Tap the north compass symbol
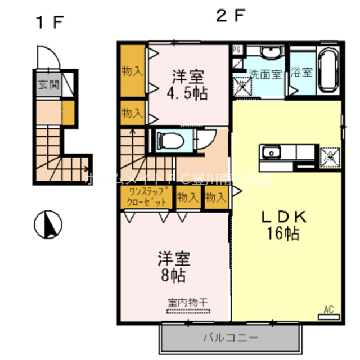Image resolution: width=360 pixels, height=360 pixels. [48, 226]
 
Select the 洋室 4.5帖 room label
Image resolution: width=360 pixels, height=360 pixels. [188, 85]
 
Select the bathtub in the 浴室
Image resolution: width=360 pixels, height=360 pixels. [327, 71]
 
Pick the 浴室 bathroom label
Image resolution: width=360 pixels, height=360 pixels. [302, 73]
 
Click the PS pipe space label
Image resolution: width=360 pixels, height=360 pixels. [237, 49]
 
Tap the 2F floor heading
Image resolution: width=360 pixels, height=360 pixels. [230, 17]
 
